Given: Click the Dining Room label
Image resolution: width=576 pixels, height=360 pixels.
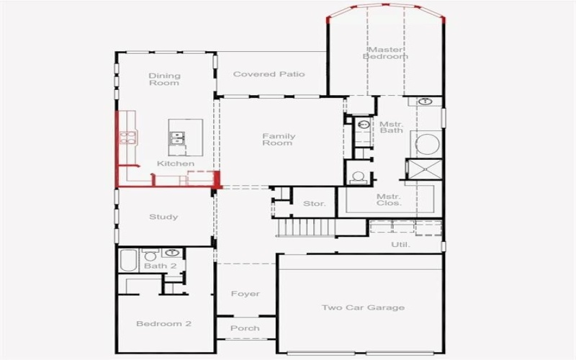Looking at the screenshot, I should (164, 79).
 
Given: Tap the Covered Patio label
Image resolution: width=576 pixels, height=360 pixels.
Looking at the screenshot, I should (269, 74).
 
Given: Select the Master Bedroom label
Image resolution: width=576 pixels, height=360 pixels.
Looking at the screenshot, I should (385, 53).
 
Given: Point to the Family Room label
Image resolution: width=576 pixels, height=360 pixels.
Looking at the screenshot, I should (278, 140).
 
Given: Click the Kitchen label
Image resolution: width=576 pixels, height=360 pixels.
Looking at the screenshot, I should (176, 164).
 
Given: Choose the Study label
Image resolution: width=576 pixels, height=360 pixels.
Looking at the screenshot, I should (163, 217).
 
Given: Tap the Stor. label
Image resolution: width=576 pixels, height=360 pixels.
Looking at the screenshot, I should (314, 204).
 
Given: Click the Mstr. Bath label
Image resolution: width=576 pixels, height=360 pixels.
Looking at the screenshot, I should (391, 127).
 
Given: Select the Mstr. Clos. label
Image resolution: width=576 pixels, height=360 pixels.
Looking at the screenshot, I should (389, 200).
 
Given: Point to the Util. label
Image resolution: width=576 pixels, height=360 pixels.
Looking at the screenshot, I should (400, 245).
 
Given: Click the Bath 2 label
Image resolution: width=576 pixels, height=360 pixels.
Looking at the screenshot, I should (160, 266).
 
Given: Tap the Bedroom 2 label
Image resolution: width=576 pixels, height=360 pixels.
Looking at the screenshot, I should (163, 324).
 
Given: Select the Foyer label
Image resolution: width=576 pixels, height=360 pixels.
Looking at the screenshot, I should (245, 294).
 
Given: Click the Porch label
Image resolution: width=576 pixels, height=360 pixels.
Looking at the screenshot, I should (245, 328).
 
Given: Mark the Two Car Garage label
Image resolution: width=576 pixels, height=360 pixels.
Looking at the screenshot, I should (362, 308).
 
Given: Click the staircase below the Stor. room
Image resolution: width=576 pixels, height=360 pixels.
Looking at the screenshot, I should (307, 228).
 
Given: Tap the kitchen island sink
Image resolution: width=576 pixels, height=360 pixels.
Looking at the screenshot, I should (177, 137).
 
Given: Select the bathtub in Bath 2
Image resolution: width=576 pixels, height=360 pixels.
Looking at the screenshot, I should (127, 261).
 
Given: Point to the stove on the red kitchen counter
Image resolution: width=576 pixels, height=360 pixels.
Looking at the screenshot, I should (127, 137).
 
